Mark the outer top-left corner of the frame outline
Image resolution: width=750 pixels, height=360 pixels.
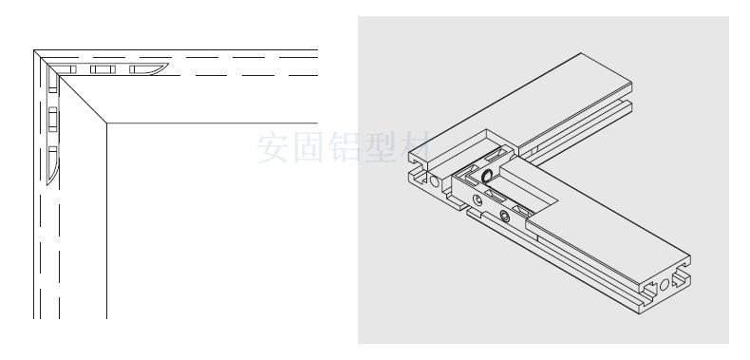pyautogui.click(x=35, y=51)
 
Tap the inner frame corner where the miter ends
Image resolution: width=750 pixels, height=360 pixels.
pyautogui.click(x=106, y=123)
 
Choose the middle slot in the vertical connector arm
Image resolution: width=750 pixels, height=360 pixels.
pyautogui.click(x=53, y=120)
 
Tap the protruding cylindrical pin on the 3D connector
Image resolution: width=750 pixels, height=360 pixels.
pyautogui.click(x=486, y=176)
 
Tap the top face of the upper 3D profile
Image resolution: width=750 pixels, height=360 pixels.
pyautogui.click(x=560, y=95)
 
